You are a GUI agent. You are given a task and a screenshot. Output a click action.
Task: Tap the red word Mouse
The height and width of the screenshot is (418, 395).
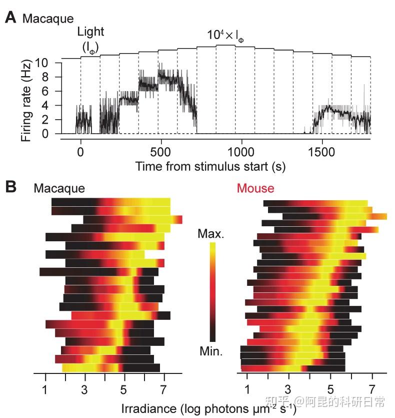[x=255, y=188]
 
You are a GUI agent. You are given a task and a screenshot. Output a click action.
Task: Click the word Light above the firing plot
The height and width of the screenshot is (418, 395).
[x=90, y=32]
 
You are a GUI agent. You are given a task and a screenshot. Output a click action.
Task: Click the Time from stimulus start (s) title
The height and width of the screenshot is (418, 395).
[x=210, y=166]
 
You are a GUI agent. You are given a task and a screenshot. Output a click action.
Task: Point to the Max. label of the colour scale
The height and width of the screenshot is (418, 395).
[x=211, y=233]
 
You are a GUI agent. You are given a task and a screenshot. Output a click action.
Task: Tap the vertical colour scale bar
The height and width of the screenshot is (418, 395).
[x=212, y=292]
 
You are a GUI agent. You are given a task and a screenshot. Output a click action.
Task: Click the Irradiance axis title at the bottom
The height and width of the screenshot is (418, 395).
[x=209, y=408]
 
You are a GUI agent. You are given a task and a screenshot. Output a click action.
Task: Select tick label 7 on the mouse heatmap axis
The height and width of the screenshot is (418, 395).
[x=371, y=389]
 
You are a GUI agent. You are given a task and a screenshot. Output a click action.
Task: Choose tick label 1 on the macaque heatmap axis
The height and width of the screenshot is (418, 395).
[x=45, y=389]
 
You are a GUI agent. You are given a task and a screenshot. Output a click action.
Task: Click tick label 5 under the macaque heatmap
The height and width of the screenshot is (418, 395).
[x=124, y=389]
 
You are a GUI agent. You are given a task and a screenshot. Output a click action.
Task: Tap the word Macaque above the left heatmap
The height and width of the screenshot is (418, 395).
[x=59, y=188]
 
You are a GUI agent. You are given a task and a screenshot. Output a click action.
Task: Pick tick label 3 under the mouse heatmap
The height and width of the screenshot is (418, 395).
[x=287, y=389]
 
